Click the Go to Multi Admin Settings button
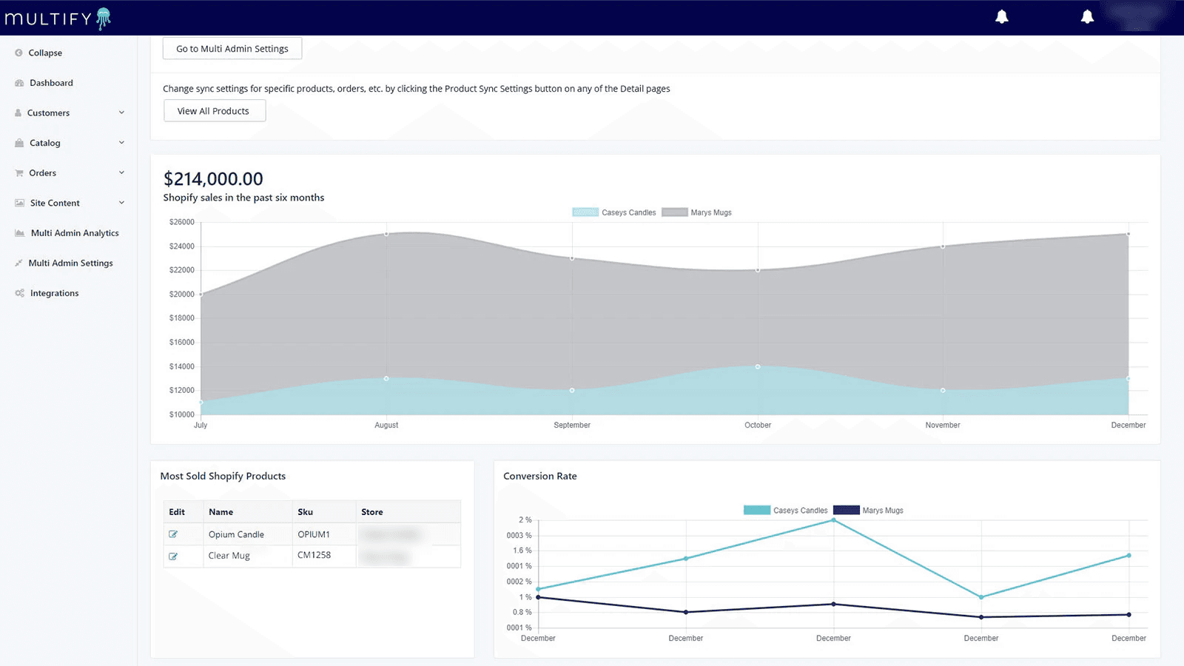[x=232, y=49]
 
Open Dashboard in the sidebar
[x=51, y=83]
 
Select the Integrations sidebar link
[x=54, y=293]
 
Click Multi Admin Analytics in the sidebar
[x=74, y=233]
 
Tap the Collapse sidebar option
[x=44, y=53]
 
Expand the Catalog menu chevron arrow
[x=121, y=143]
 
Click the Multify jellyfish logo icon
[x=104, y=18]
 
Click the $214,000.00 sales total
[x=213, y=179]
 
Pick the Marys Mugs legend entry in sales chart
[x=696, y=212]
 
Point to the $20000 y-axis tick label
[x=181, y=295]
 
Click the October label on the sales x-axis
[x=757, y=425]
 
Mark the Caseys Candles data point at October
[x=757, y=366]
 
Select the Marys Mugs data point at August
[x=386, y=234]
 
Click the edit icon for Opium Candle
[x=173, y=534]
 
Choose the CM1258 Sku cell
[x=314, y=555]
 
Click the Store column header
[x=371, y=512]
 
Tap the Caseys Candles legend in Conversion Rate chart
[x=786, y=511]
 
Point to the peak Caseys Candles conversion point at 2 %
[x=833, y=520]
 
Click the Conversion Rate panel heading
[x=539, y=477]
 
